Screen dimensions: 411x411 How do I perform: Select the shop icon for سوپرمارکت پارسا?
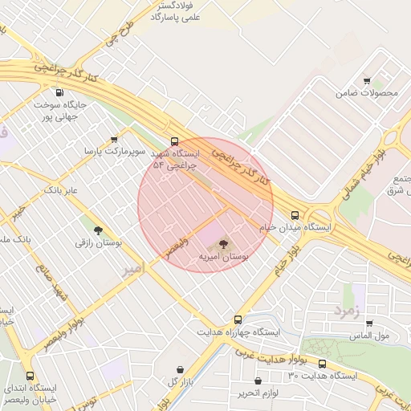(114, 140)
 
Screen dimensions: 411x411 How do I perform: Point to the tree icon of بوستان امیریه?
(223, 243)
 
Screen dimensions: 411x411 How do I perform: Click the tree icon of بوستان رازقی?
(98, 230)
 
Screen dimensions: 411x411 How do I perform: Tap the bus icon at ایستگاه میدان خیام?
(295, 215)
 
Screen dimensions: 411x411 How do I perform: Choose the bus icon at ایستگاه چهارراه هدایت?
(237, 319)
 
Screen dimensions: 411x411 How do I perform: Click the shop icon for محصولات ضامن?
(367, 81)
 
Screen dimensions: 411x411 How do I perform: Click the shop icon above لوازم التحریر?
(257, 381)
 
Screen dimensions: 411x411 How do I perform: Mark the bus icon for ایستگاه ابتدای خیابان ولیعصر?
(31, 376)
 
